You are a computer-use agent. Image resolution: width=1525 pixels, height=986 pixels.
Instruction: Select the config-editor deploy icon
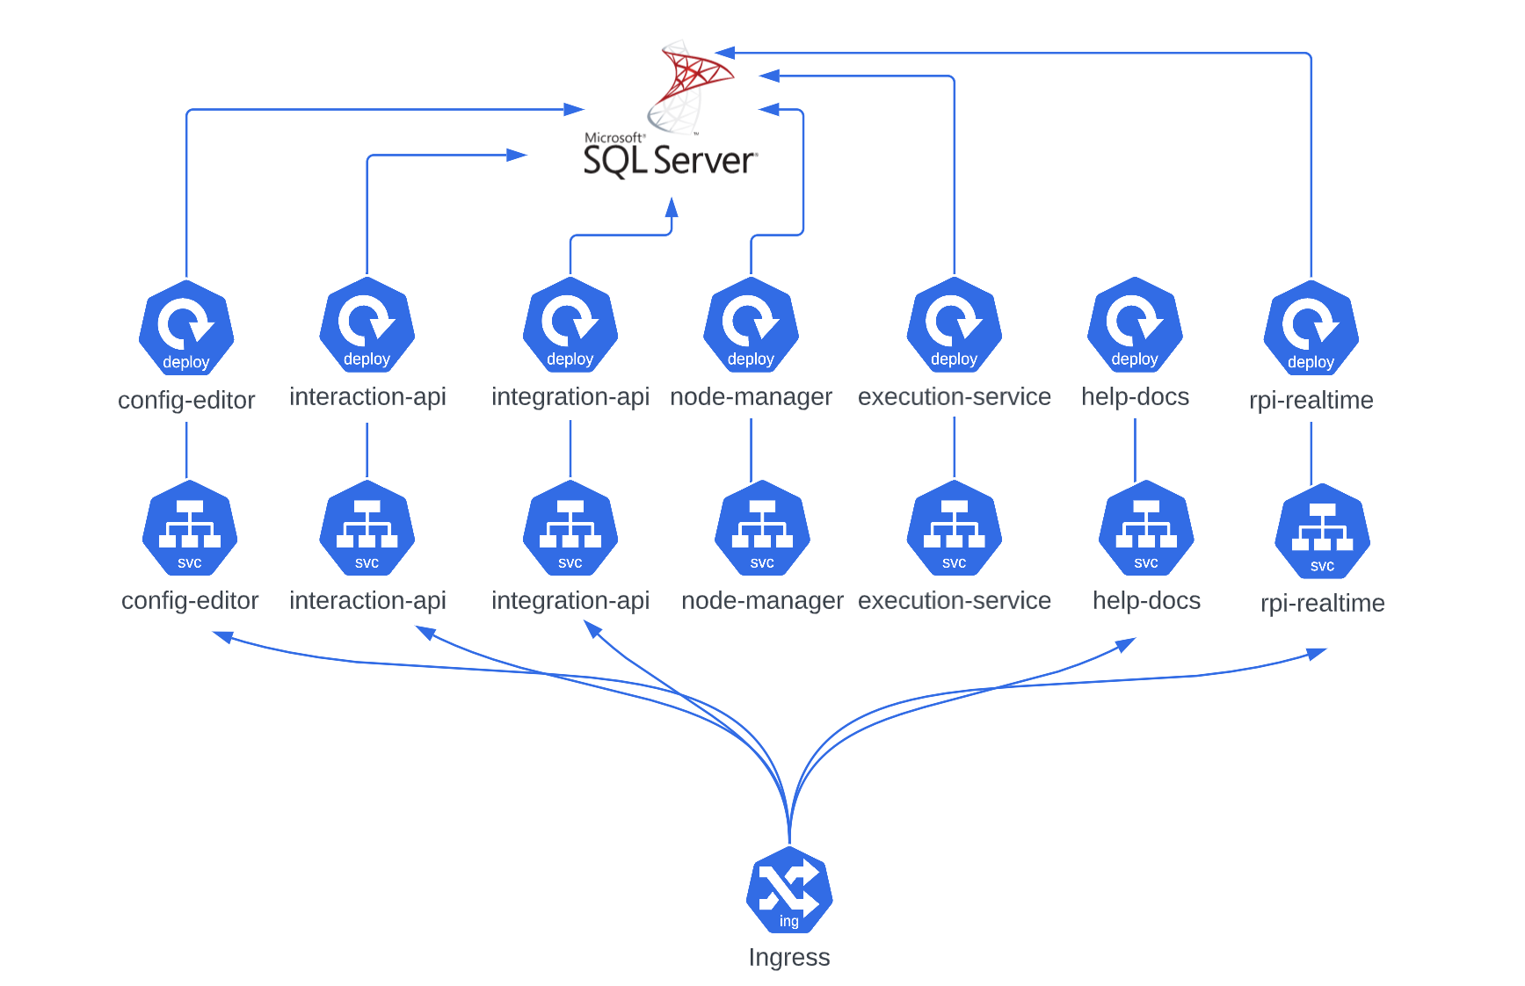186,328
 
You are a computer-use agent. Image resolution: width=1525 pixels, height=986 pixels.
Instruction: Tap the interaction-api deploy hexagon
367,324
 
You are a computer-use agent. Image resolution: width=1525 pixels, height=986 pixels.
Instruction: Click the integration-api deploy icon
570,324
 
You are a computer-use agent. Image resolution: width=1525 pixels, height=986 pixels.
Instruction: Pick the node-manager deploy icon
751,324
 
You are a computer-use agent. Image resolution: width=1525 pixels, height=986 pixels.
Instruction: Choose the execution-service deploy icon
955,324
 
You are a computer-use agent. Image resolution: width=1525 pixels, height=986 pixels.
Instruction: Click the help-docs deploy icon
1135,324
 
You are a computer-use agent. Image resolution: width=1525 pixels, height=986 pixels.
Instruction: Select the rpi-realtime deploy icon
1311,328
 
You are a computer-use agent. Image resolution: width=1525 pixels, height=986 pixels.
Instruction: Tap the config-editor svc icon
190,528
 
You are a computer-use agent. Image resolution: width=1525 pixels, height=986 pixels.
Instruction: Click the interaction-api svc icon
367,528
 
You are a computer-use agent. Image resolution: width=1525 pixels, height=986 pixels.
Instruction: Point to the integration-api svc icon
570,528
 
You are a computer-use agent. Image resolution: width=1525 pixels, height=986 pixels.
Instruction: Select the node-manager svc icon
762,528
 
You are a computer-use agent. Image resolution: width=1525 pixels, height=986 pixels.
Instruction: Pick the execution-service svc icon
955,528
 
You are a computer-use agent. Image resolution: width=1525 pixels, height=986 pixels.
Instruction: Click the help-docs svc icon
1146,528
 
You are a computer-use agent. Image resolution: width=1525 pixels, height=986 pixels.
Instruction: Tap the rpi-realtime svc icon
1323,532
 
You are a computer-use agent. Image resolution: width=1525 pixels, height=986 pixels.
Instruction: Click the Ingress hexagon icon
789,890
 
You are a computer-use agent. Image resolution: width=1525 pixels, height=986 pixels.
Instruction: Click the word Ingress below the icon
789,957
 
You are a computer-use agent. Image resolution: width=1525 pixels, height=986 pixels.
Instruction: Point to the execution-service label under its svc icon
955,600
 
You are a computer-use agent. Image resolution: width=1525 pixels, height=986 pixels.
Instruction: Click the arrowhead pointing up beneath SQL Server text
672,207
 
